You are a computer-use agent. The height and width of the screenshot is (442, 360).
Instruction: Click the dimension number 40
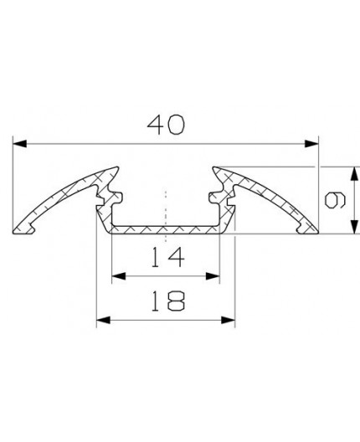click(x=166, y=125)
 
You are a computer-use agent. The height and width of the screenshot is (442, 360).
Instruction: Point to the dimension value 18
click(x=165, y=300)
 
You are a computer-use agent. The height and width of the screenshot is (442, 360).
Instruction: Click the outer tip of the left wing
click(x=18, y=229)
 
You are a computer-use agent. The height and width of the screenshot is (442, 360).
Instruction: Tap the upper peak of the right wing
click(x=219, y=168)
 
